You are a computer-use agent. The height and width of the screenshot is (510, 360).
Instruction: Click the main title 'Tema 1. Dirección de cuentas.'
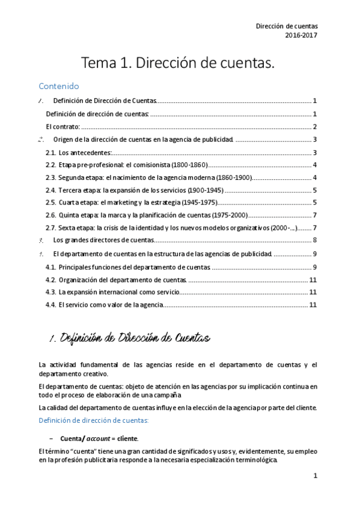tap(178, 62)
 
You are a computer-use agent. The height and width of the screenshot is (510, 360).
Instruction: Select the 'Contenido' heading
tap(58, 86)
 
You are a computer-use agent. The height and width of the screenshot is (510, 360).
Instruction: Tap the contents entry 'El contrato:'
tap(63, 127)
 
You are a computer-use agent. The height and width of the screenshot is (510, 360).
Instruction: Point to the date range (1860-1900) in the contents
tap(231, 178)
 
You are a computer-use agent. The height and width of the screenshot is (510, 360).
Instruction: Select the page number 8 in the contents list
tap(315, 241)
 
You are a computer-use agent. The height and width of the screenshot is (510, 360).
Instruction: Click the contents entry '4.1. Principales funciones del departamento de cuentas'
tap(128, 267)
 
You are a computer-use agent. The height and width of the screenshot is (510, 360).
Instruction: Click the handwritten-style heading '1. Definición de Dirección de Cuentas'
tap(129, 339)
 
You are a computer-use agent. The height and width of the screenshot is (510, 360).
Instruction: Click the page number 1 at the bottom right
tap(315, 476)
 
